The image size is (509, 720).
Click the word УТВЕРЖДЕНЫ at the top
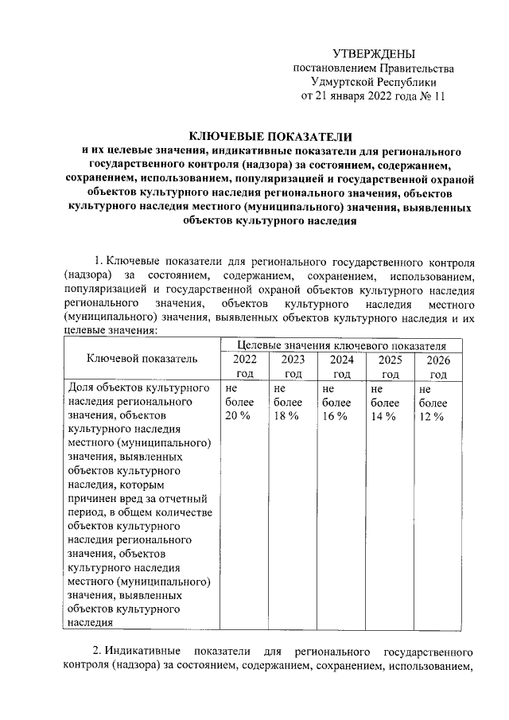[374, 54]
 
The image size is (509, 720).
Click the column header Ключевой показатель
[142, 359]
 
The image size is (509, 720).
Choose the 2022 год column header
[244, 366]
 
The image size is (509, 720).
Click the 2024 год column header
[342, 366]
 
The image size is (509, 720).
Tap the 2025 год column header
[390, 366]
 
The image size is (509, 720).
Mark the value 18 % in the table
[286, 416]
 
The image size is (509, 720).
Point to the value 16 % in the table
[335, 416]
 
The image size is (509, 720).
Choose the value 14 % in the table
[383, 416]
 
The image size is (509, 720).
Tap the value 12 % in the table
[432, 416]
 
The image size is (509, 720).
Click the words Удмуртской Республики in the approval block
[374, 82]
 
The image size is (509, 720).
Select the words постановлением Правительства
[374, 68]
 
